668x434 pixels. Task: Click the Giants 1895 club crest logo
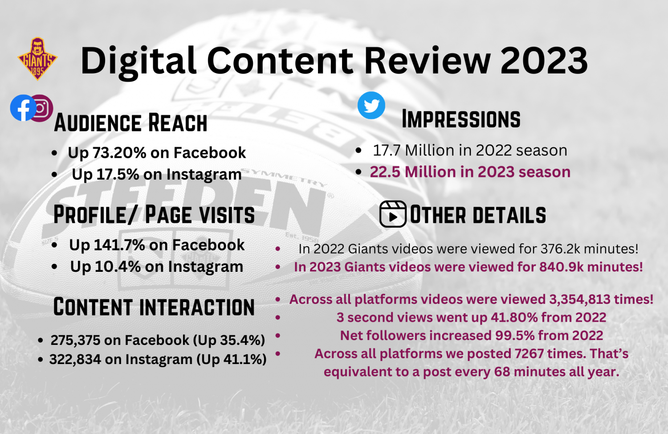[x=37, y=59]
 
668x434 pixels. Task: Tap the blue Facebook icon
[x=23, y=108]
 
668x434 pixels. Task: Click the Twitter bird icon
[x=371, y=105]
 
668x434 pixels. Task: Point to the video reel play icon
[x=393, y=214]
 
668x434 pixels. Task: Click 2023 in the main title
[x=544, y=61]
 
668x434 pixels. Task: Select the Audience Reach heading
[x=130, y=123]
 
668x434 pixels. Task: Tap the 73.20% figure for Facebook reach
[x=119, y=153]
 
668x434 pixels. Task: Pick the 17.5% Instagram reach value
[x=118, y=174]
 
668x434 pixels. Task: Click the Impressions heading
[x=461, y=119]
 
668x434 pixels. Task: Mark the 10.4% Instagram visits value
[x=118, y=266]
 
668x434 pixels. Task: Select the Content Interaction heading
[x=154, y=307]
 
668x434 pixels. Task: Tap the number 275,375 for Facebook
[x=75, y=340]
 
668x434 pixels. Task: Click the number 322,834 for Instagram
[x=75, y=360]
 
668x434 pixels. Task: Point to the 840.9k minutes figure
[x=561, y=267]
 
